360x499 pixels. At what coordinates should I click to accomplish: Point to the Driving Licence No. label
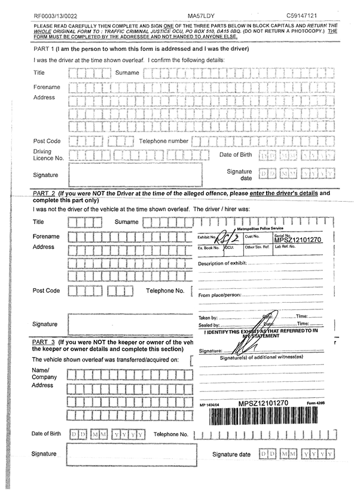pyautogui.click(x=48, y=155)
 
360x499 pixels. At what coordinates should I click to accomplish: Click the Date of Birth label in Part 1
pyautogui.click(x=235, y=155)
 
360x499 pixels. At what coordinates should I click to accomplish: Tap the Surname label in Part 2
pyautogui.click(x=126, y=222)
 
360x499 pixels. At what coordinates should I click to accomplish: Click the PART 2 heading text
pyautogui.click(x=44, y=194)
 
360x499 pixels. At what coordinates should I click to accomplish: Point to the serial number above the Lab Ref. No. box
pyautogui.click(x=298, y=241)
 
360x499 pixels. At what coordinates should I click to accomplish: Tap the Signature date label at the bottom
pyautogui.click(x=231, y=455)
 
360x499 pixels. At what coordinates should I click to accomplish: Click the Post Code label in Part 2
pyautogui.click(x=46, y=291)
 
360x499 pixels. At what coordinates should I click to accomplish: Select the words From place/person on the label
pyautogui.click(x=219, y=296)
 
